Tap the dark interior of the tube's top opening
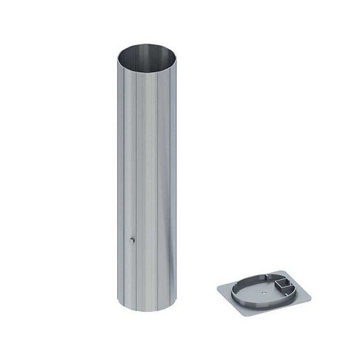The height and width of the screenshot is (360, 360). coord(147,54)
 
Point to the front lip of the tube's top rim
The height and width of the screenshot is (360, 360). coord(147,69)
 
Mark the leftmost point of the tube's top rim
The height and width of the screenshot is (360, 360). coord(117,57)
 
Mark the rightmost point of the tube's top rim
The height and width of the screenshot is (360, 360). coord(176,56)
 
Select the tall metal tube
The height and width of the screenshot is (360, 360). coord(147,176)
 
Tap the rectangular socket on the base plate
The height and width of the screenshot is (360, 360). coord(284,287)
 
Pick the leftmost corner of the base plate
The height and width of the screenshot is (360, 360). coord(218,288)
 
